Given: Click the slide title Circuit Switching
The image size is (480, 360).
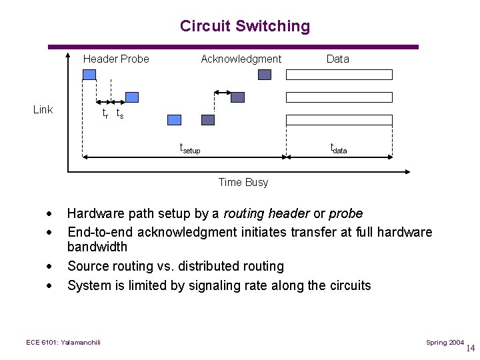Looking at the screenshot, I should pyautogui.click(x=245, y=26).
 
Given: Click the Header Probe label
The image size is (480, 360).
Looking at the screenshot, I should pyautogui.click(x=116, y=59).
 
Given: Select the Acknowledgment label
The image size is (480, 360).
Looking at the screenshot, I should pyautogui.click(x=241, y=59).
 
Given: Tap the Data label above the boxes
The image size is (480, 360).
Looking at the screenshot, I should pyautogui.click(x=337, y=59).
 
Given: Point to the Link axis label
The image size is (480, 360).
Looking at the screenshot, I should pyautogui.click(x=43, y=109).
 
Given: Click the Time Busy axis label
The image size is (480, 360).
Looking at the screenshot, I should pyautogui.click(x=243, y=182).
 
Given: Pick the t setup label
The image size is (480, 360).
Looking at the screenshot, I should pyautogui.click(x=190, y=149).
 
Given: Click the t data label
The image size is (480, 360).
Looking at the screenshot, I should pyautogui.click(x=339, y=149).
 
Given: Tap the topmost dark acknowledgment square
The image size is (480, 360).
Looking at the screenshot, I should pyautogui.click(x=265, y=75).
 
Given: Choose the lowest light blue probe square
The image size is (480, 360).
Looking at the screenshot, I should pyautogui.click(x=174, y=120).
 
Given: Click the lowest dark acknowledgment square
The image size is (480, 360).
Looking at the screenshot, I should pyautogui.click(x=208, y=120).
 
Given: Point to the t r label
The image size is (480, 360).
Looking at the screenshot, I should pyautogui.click(x=105, y=113).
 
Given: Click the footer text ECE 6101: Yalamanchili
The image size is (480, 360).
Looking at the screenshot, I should pyautogui.click(x=63, y=343).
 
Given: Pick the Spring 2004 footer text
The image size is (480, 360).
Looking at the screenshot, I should pyautogui.click(x=445, y=343).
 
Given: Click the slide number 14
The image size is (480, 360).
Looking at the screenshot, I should pyautogui.click(x=471, y=348).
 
